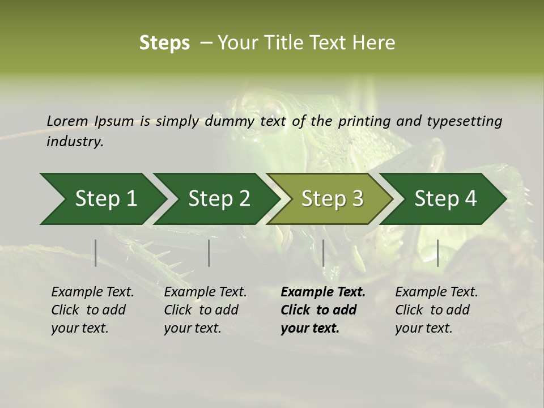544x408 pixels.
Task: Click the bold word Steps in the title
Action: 164,43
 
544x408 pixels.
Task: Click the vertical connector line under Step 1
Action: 96,253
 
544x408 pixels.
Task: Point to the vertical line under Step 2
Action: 209,253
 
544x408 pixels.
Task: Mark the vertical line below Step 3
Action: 323,253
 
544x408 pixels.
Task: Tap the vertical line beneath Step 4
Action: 437,253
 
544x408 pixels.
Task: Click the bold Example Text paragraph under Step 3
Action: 323,310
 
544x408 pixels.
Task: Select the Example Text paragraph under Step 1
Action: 92,310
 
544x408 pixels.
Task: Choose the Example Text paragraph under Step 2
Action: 205,310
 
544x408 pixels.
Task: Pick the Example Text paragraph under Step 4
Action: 436,310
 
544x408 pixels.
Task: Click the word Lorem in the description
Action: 67,121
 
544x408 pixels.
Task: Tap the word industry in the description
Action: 74,142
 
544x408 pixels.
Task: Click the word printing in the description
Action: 364,121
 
